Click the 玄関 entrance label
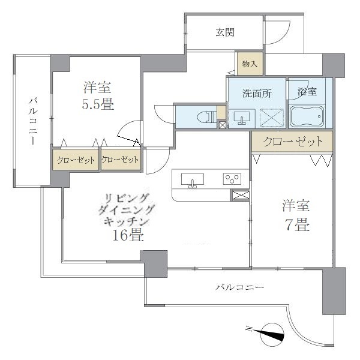click(225, 32)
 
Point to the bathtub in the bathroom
click(307, 116)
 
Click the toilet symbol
click(204, 116)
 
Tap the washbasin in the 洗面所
click(242, 116)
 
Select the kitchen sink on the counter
click(192, 179)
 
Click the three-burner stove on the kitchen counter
click(232, 179)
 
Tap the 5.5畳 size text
click(98, 104)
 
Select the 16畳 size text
click(128, 235)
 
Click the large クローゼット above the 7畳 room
click(292, 142)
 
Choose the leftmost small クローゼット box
click(74, 160)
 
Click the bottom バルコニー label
click(239, 288)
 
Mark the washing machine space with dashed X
click(271, 116)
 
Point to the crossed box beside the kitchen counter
click(239, 196)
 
